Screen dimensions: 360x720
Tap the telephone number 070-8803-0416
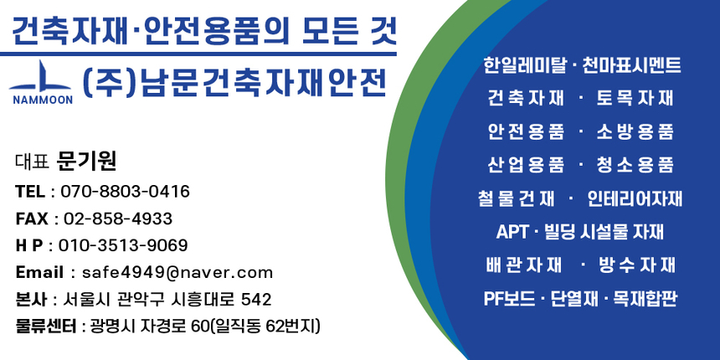[x=125, y=192]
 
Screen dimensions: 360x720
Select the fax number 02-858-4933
[x=118, y=219]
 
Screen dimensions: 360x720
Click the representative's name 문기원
[x=86, y=161]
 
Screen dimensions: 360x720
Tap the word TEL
[x=30, y=192]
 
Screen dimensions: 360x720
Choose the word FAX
[x=32, y=219]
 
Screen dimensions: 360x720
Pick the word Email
[x=39, y=272]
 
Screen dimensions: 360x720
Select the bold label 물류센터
[x=46, y=325]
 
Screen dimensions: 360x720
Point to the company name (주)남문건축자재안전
[x=235, y=82]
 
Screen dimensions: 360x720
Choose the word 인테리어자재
[x=635, y=198]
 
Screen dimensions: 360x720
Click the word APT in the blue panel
[x=512, y=232]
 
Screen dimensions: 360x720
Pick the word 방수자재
[x=637, y=265]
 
